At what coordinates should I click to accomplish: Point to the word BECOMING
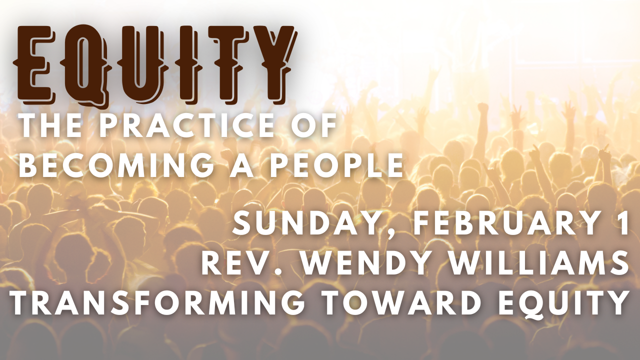pos(115,165)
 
